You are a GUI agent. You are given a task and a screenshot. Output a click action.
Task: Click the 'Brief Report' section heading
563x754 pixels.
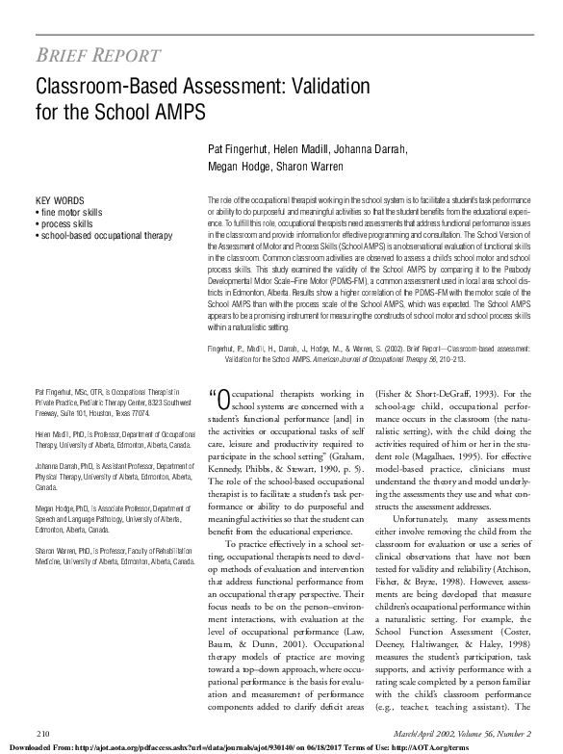click(x=98, y=54)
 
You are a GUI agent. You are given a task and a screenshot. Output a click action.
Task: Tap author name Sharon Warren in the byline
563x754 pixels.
click(x=306, y=166)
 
